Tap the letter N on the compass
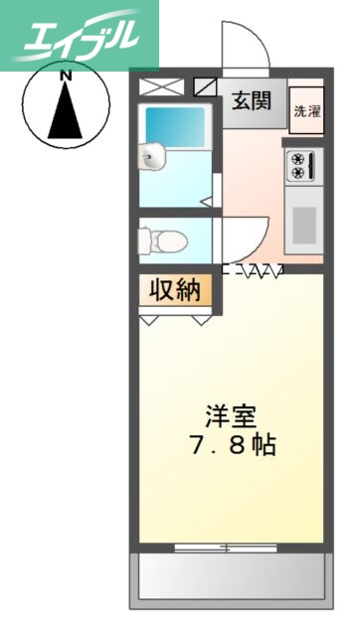tap(65, 76)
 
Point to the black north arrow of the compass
tap(65, 110)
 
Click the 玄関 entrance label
tap(254, 101)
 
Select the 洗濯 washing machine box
tap(305, 111)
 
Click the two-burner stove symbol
tap(299, 165)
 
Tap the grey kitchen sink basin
tap(303, 220)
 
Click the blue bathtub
tap(175, 126)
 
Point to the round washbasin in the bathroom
tap(151, 156)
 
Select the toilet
tap(159, 239)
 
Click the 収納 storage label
tap(175, 290)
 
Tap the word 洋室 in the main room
tap(228, 414)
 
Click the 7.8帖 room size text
tap(232, 446)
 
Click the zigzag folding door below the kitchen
tap(255, 268)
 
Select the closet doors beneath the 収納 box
tap(176, 318)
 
